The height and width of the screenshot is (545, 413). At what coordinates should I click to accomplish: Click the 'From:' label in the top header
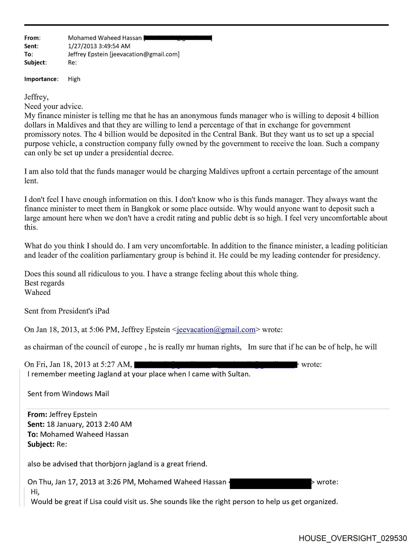click(x=32, y=38)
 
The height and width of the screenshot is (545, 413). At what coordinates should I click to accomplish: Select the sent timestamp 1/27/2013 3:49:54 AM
click(x=99, y=46)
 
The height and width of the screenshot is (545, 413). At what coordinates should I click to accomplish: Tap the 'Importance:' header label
click(x=41, y=79)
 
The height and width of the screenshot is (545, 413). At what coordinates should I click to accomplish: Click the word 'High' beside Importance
click(x=74, y=79)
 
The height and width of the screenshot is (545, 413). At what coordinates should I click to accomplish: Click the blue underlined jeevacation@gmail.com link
click(x=216, y=330)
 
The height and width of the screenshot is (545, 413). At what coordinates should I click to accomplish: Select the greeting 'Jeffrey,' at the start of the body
click(x=36, y=97)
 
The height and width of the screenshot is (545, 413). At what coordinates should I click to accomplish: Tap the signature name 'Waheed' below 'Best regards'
click(x=38, y=292)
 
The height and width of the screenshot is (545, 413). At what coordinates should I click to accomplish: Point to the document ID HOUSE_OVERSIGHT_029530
click(x=353, y=538)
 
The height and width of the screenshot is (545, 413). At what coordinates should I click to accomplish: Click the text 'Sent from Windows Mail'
click(x=68, y=394)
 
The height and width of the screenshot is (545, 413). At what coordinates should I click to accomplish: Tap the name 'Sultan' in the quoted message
click(x=238, y=374)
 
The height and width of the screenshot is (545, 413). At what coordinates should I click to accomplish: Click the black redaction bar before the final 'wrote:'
click(x=270, y=483)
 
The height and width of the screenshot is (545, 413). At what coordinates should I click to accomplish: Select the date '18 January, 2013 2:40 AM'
click(x=89, y=424)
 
